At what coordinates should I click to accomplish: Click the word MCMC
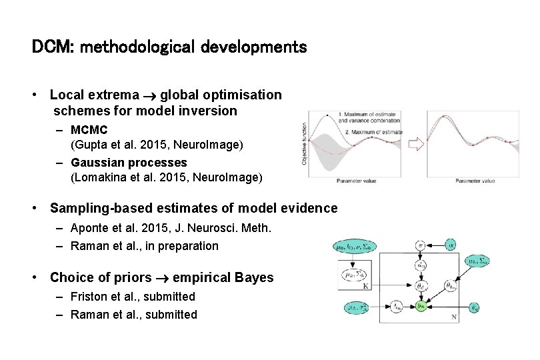click(89, 129)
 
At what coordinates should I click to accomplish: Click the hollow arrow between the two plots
click(416, 143)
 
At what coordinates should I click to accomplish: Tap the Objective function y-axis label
click(305, 144)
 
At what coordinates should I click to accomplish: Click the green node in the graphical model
click(421, 306)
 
